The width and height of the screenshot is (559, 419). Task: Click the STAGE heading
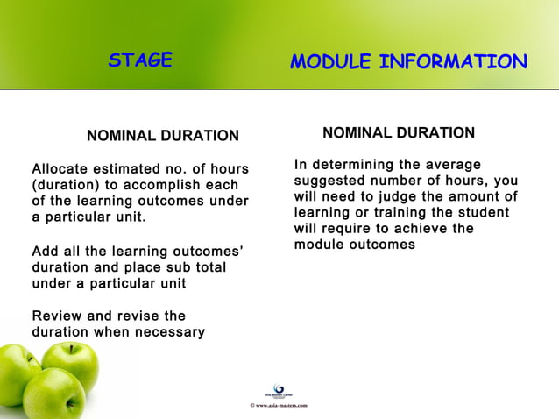click(140, 60)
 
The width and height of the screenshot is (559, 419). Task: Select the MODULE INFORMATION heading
click(408, 62)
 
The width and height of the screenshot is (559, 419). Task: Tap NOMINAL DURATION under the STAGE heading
click(162, 136)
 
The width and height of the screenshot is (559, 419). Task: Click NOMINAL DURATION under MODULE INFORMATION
click(399, 133)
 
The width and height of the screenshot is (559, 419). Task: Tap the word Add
click(45, 251)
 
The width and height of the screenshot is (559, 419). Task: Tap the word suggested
click(329, 181)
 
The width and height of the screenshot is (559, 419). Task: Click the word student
click(483, 213)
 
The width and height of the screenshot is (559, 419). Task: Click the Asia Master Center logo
click(279, 391)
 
